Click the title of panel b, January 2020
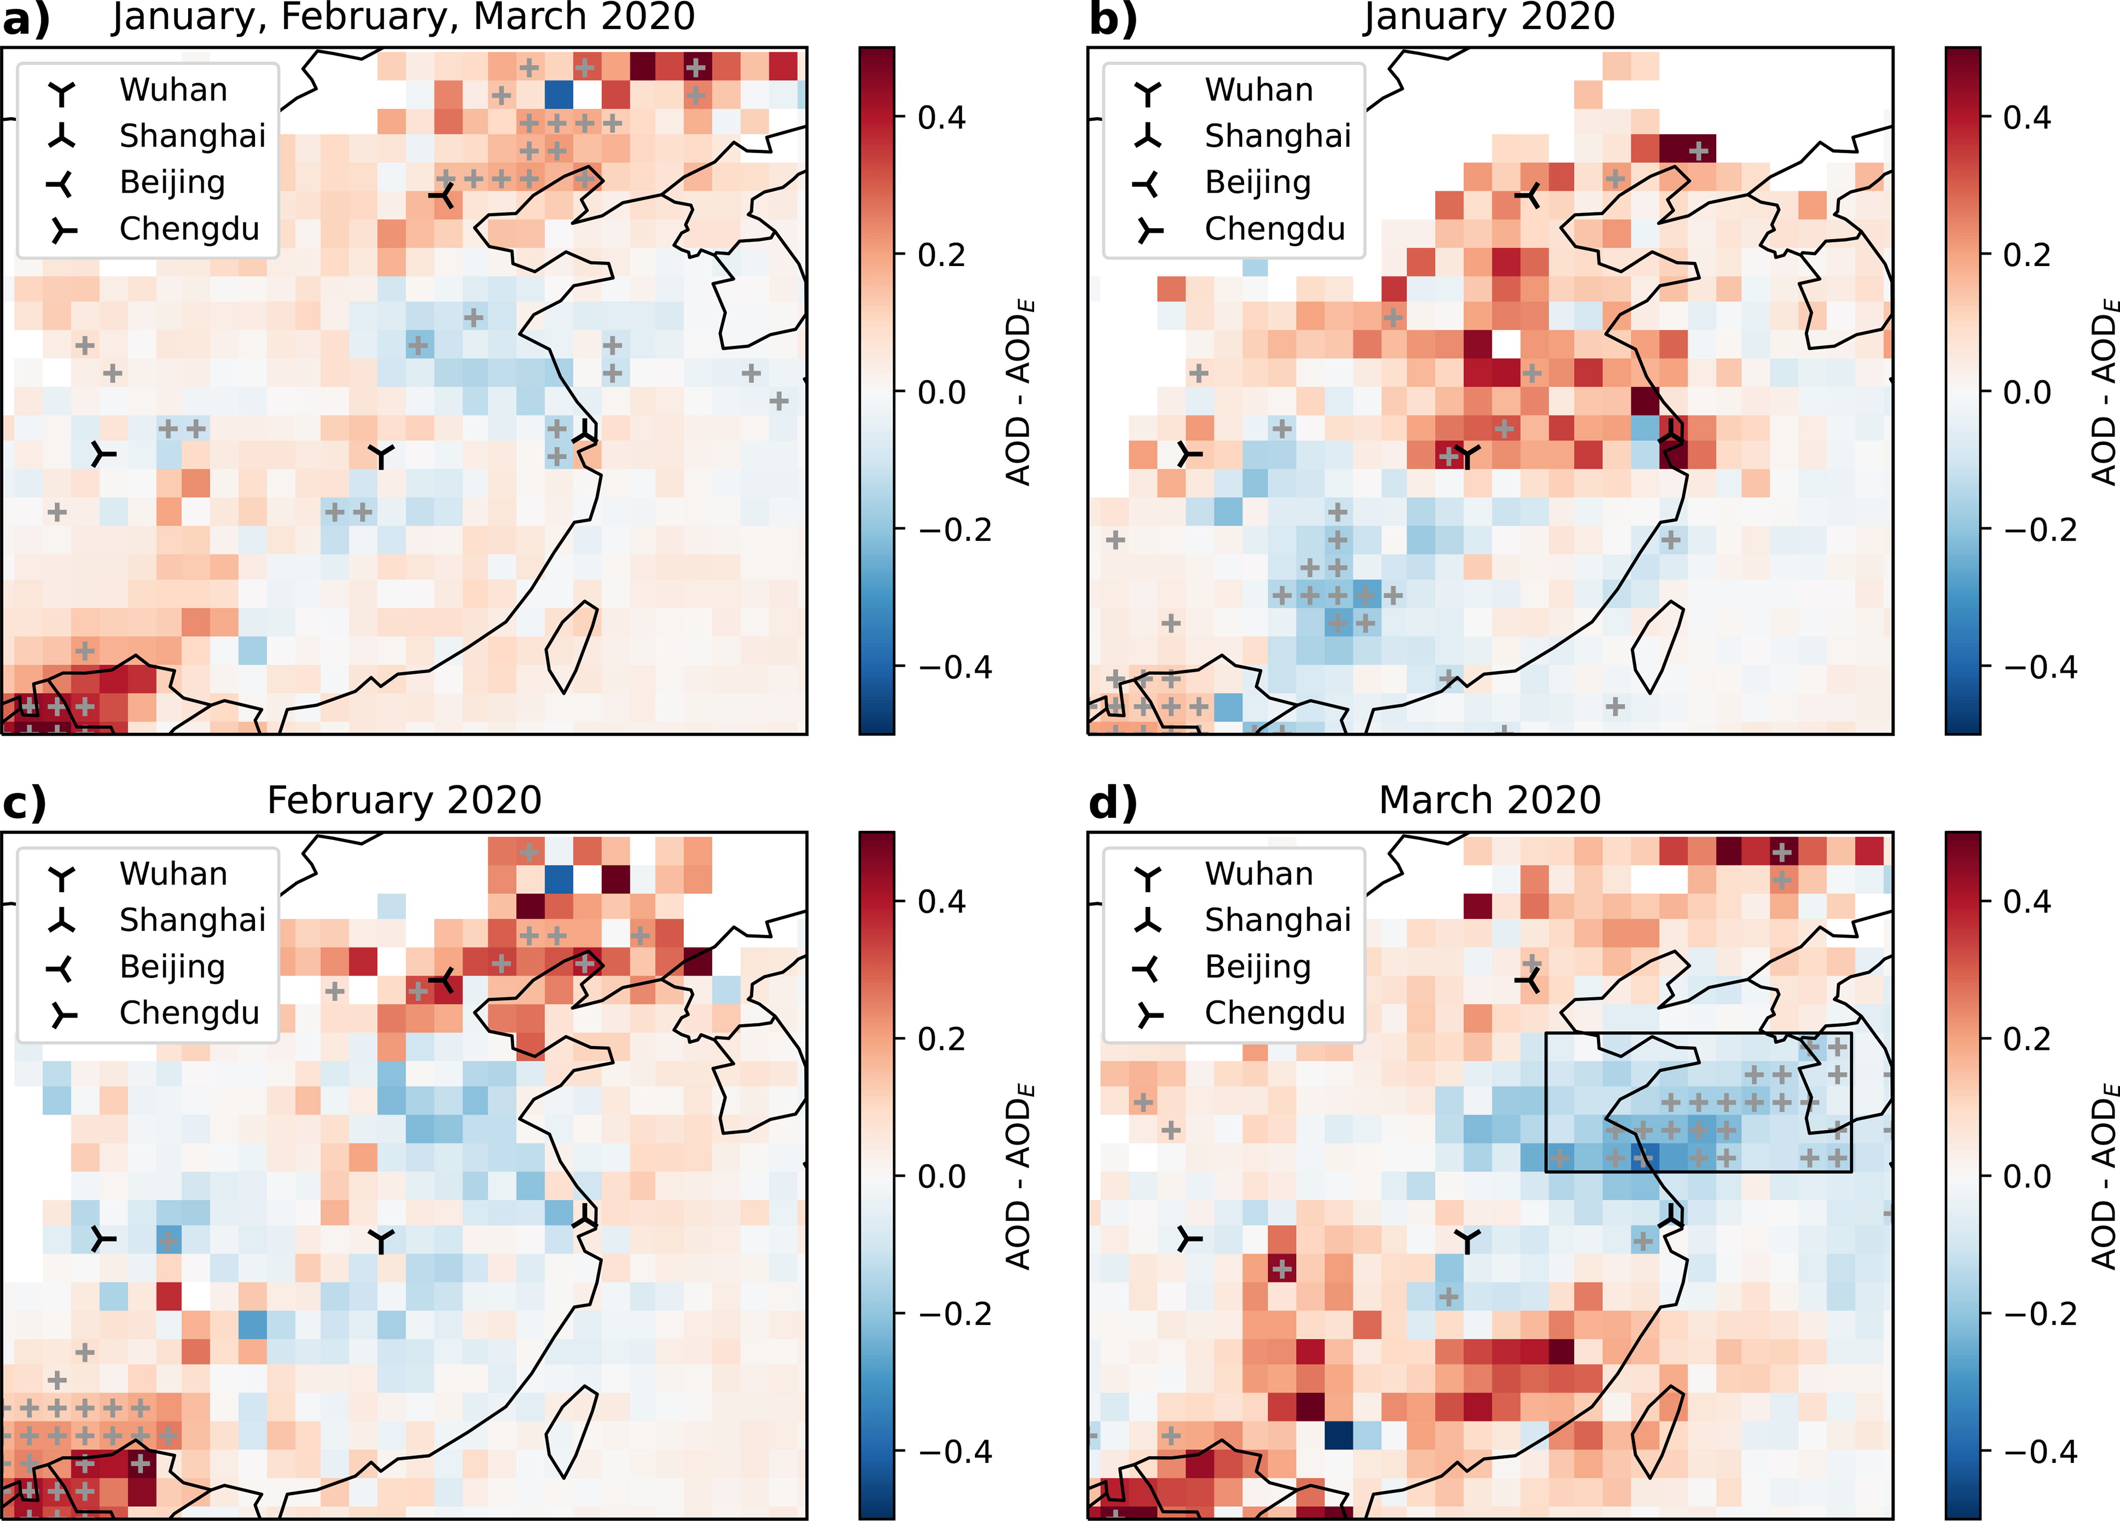pos(1489,17)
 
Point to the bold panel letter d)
pos(1112,803)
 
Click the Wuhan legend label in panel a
pos(174,90)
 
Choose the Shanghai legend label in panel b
pos(1278,136)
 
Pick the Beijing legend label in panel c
pos(173,968)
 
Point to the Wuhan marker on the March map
pos(1467,1241)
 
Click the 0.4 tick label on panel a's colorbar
pos(942,118)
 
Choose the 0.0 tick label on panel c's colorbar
pos(942,1176)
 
